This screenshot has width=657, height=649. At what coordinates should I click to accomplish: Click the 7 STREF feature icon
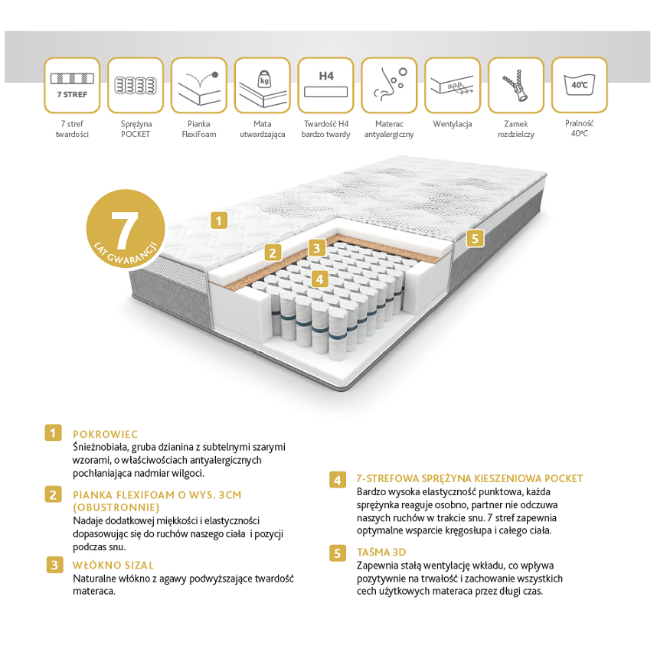pyautogui.click(x=72, y=86)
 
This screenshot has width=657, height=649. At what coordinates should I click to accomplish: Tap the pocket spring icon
pyautogui.click(x=136, y=86)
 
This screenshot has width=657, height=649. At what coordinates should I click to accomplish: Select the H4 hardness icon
pyautogui.click(x=325, y=86)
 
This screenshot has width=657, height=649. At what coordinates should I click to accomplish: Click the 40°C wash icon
pyautogui.click(x=580, y=86)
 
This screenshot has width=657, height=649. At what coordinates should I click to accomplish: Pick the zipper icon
pyautogui.click(x=516, y=86)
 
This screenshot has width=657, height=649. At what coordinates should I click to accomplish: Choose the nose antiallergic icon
pyautogui.click(x=389, y=86)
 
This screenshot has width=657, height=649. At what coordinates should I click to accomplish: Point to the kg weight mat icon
pyautogui.click(x=263, y=86)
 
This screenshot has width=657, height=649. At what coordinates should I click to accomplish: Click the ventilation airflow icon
pyautogui.click(x=453, y=86)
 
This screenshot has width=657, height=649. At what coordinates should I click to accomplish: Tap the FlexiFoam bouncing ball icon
pyautogui.click(x=199, y=86)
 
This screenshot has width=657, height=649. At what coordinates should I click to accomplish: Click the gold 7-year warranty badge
pyautogui.click(x=126, y=229)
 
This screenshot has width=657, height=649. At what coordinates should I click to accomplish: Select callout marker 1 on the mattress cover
pyautogui.click(x=219, y=220)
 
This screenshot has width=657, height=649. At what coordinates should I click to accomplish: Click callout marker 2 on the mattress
pyautogui.click(x=273, y=253)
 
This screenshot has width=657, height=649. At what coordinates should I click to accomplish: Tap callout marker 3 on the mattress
pyautogui.click(x=317, y=248)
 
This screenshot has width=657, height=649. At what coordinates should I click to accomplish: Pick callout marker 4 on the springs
pyautogui.click(x=320, y=279)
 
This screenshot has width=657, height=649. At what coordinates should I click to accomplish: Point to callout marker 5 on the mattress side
pyautogui.click(x=475, y=238)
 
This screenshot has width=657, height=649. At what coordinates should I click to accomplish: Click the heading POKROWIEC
pyautogui.click(x=105, y=434)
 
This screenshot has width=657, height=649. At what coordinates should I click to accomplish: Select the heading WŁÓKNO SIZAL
pyautogui.click(x=113, y=566)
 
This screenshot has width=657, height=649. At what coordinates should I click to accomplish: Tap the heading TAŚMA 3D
pyautogui.click(x=381, y=552)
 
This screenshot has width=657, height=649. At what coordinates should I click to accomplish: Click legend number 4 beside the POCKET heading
pyautogui.click(x=337, y=480)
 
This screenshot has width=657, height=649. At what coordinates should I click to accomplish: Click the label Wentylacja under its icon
pyautogui.click(x=453, y=124)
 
